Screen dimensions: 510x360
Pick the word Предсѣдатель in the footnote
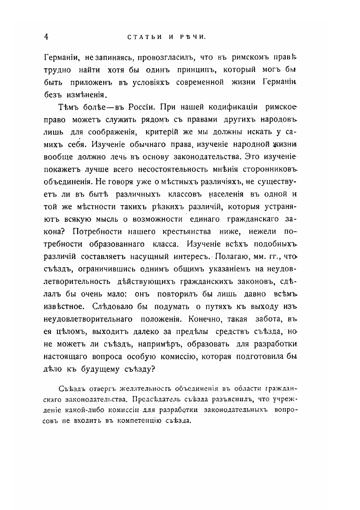pyautogui.click(x=158, y=399)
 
